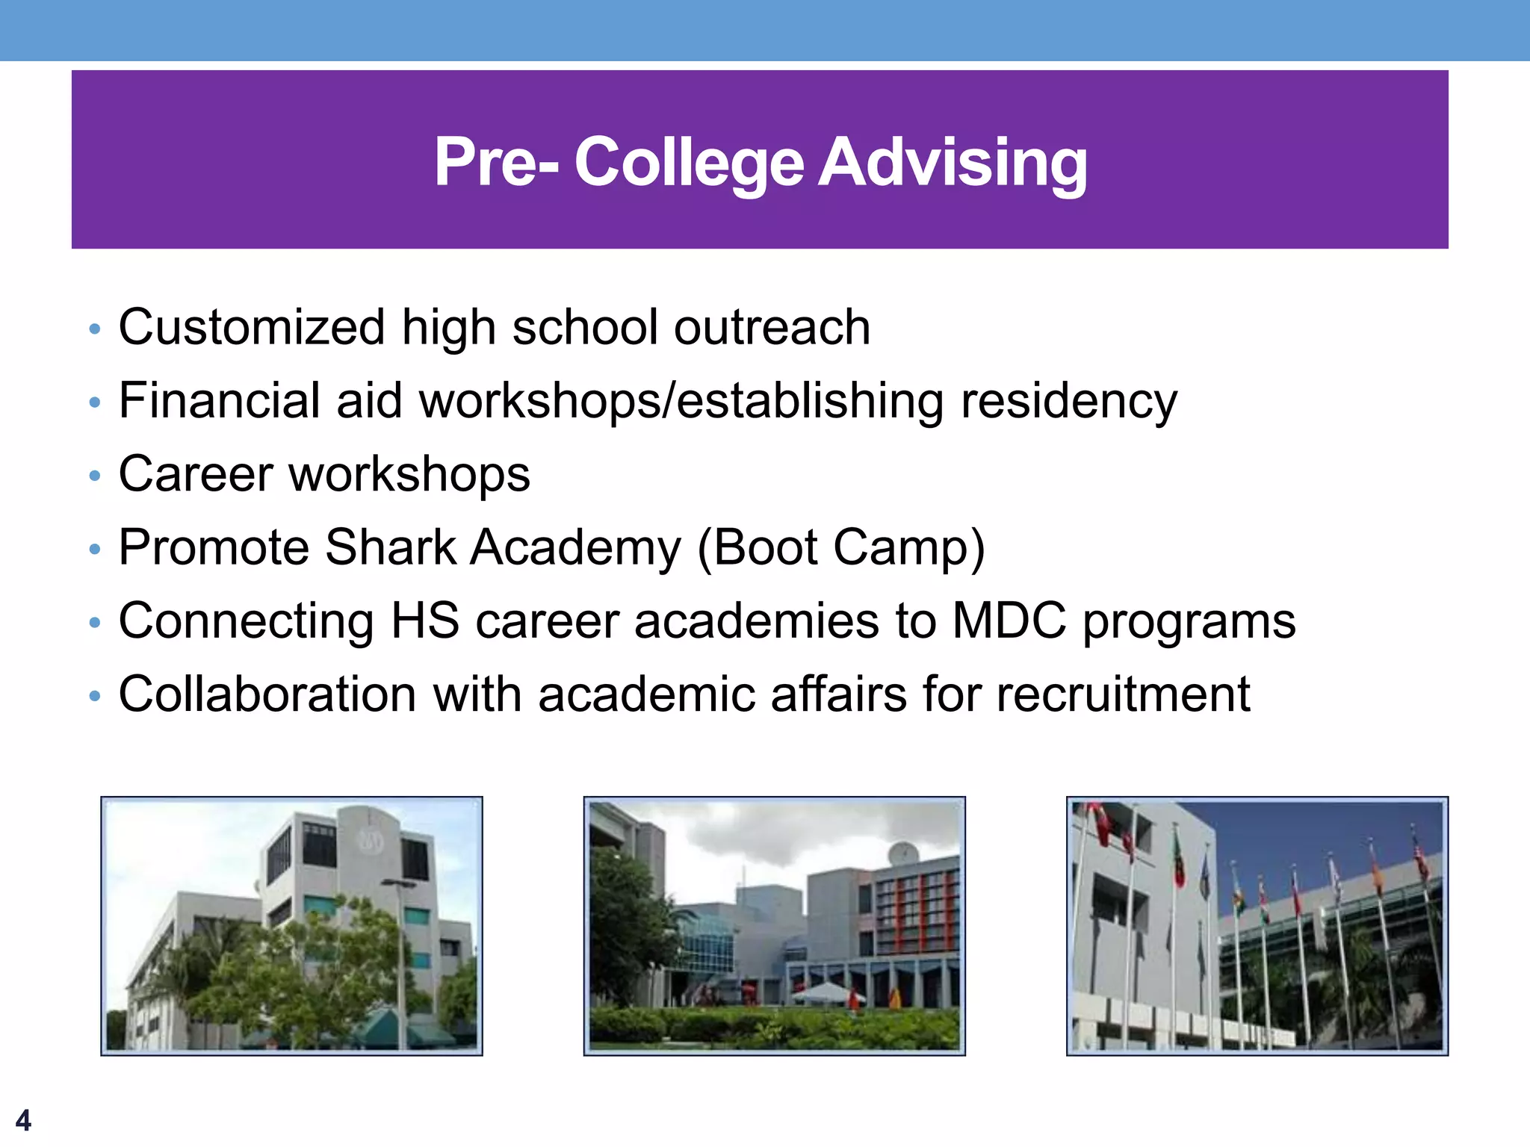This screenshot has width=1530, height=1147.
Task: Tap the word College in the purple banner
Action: tap(689, 162)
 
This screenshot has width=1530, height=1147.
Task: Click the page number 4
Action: tap(23, 1120)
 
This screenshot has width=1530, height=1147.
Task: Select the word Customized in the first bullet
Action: tap(252, 328)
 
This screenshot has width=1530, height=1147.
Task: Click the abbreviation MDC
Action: tap(1009, 621)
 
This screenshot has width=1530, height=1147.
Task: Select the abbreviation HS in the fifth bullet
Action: tap(425, 621)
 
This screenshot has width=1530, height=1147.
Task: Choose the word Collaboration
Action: tap(267, 694)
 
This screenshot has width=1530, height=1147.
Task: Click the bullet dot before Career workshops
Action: tap(94, 476)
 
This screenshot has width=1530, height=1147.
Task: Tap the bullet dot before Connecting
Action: tap(94, 622)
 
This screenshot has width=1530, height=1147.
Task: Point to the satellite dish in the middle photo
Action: tap(903, 851)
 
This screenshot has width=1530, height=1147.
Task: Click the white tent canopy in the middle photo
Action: tap(826, 992)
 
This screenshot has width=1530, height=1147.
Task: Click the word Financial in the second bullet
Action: tap(219, 401)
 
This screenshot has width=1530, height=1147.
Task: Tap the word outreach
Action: tap(772, 328)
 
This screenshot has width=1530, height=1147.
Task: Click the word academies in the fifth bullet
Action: tap(756, 621)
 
